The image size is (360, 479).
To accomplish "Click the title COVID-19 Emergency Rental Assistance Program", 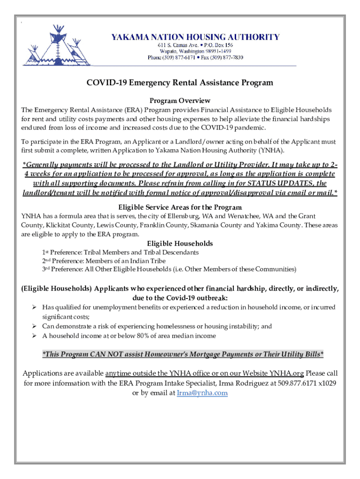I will coord(180,83).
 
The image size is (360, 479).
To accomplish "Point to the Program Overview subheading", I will coord(180,101).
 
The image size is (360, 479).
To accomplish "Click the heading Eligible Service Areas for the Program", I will coord(180,207).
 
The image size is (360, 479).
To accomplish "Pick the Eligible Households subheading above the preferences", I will coord(180,243).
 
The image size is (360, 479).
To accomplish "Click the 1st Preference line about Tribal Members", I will coord(120,252).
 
